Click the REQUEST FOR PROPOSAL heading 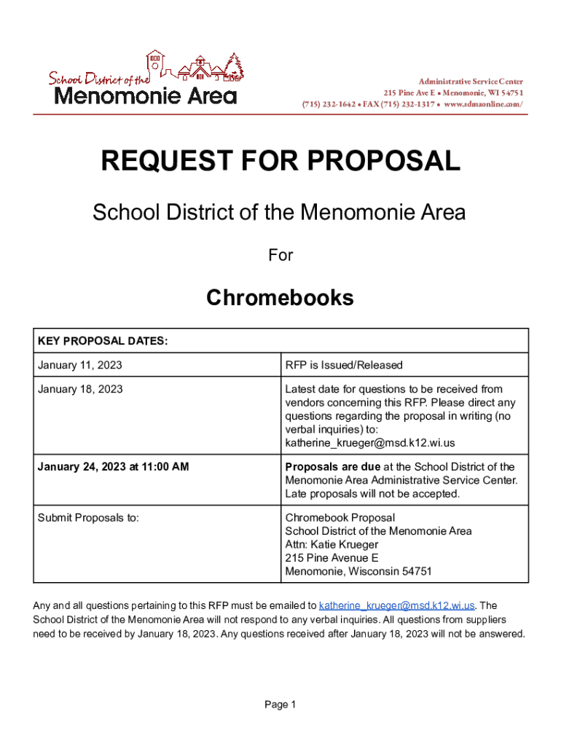[x=280, y=161]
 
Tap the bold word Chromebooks [x=280, y=298]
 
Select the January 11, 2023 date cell [x=80, y=365]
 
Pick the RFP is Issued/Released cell [x=344, y=365]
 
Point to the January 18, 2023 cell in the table [x=80, y=389]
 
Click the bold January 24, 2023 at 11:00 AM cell [x=113, y=466]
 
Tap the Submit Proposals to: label [x=88, y=518]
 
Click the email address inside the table [x=369, y=443]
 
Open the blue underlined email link [x=397, y=605]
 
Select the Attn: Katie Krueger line [x=331, y=544]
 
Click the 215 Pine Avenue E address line [x=331, y=558]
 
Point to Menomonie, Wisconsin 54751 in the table [x=358, y=571]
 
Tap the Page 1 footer [x=280, y=704]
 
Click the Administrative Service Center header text [x=471, y=81]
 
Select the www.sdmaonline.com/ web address [x=483, y=104]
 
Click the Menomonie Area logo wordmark [x=146, y=95]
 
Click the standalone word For [x=280, y=255]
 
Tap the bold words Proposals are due [x=332, y=466]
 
